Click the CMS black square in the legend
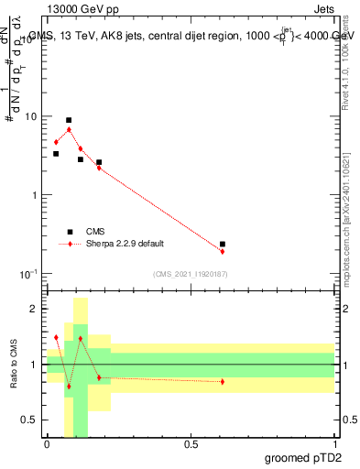tap(70, 232)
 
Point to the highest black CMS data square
tap(69, 120)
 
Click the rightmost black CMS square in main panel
tap(223, 245)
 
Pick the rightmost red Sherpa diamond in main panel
tap(223, 251)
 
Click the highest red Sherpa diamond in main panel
tap(69, 129)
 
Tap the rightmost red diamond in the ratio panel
tap(223, 382)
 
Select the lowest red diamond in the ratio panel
tap(69, 387)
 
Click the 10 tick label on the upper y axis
tap(31, 117)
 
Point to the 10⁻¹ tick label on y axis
tap(28, 275)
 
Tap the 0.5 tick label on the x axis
tap(191, 444)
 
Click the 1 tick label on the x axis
tap(334, 444)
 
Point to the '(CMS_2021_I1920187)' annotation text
tap(190, 274)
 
